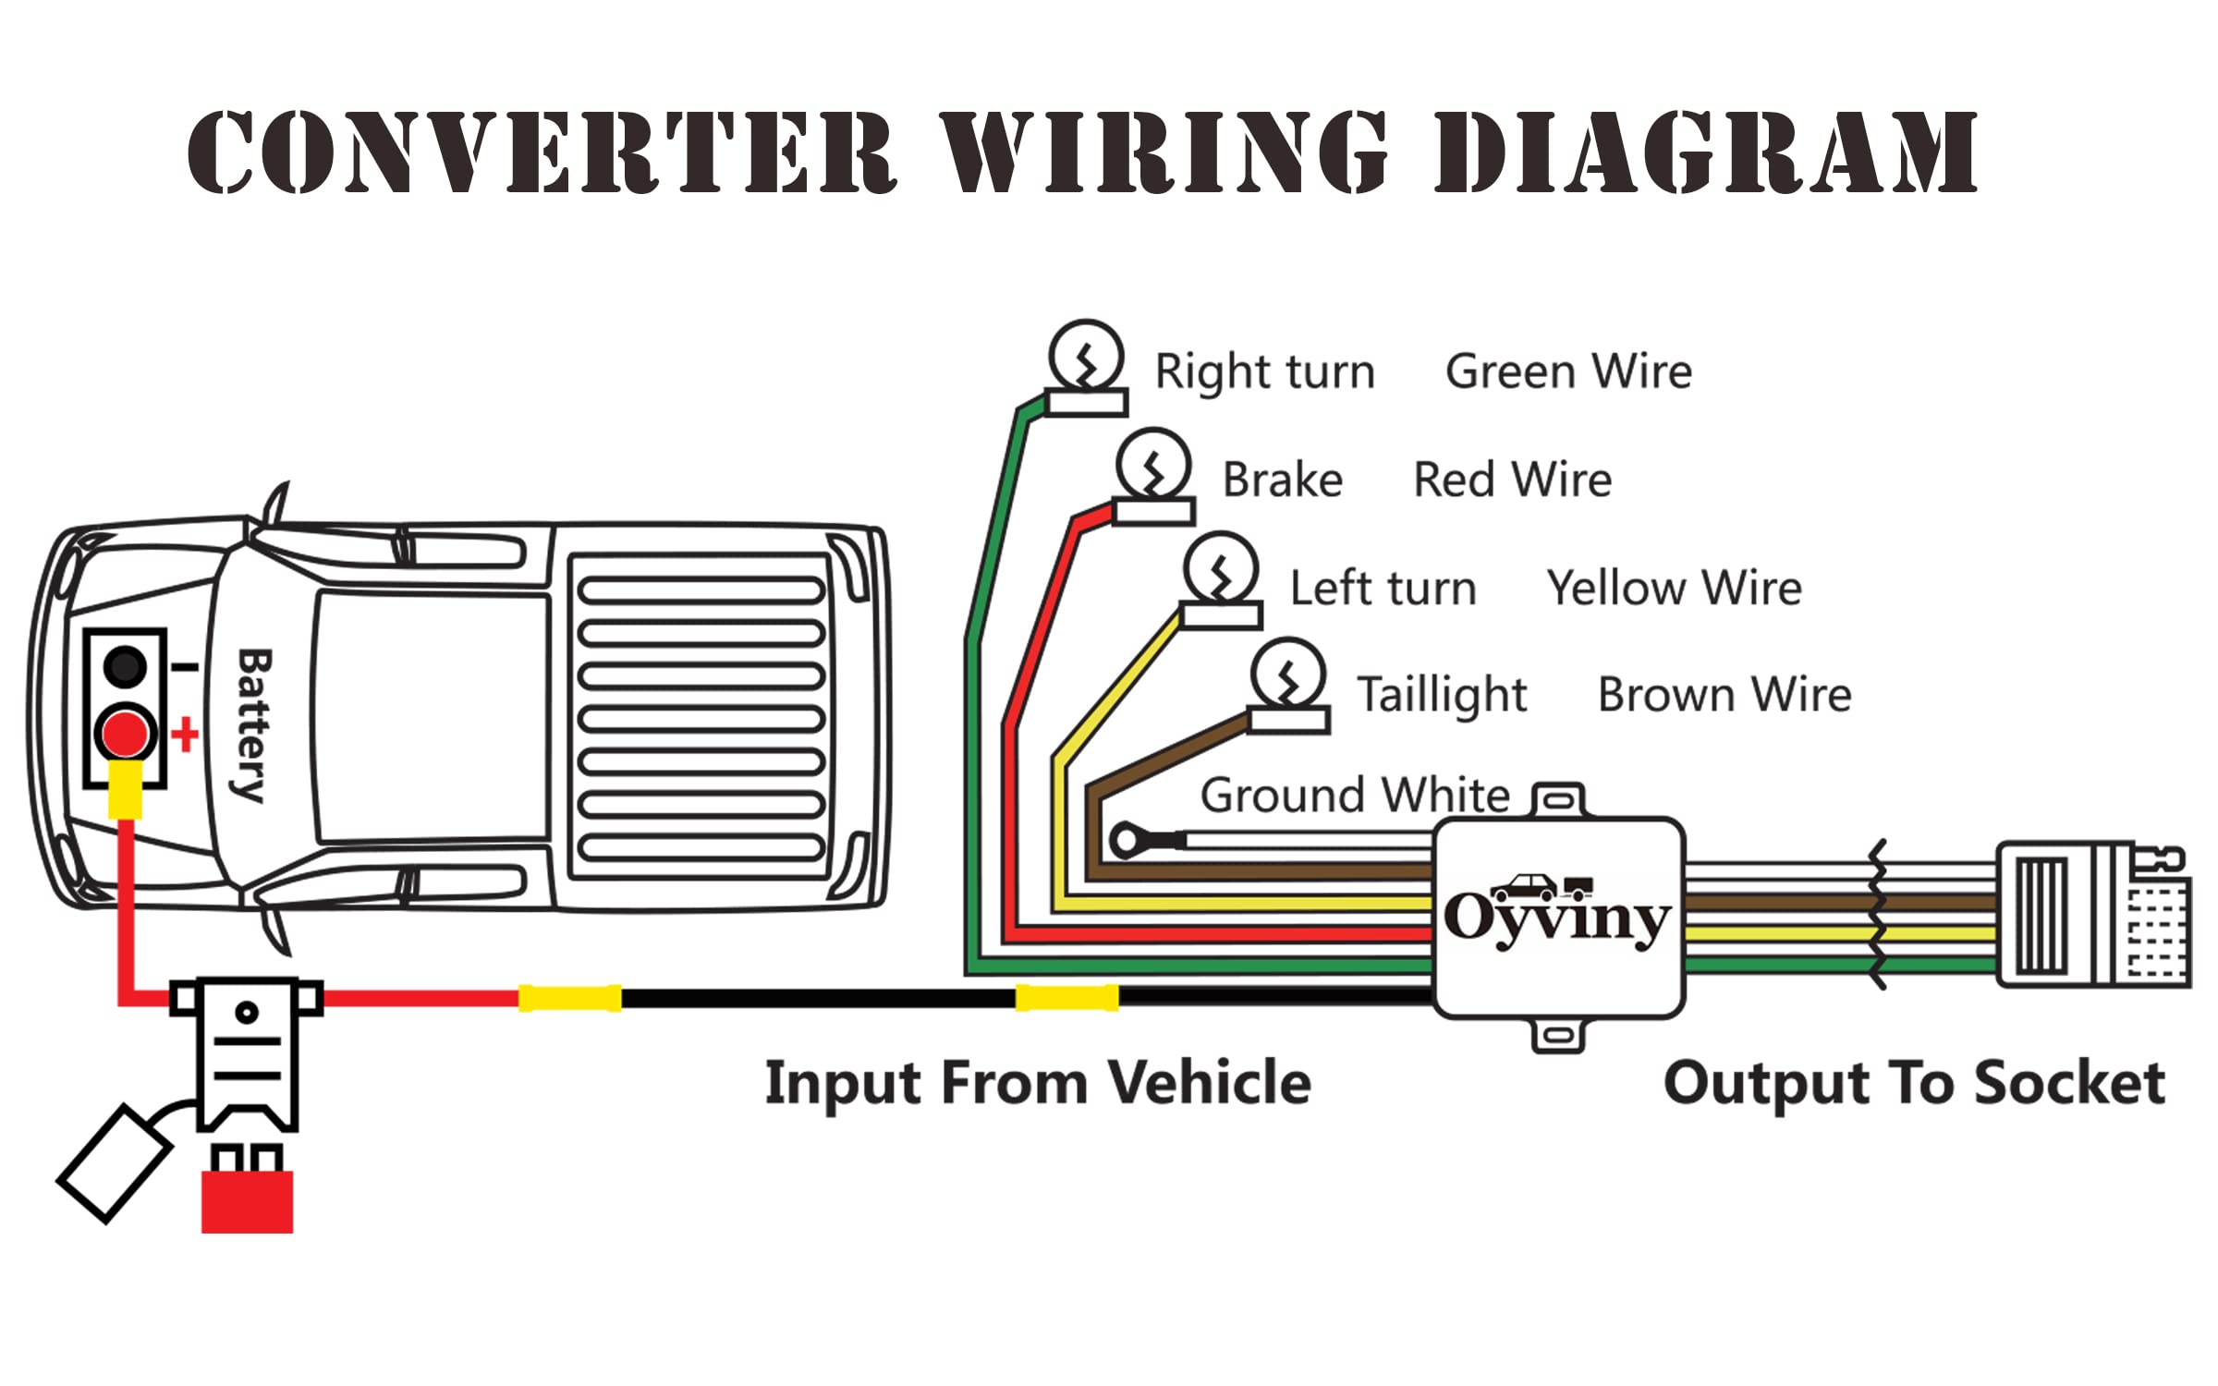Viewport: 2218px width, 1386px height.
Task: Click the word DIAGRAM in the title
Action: (1705, 152)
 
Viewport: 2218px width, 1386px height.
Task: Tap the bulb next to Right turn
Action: (1086, 358)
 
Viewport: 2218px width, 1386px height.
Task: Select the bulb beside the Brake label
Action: (1153, 465)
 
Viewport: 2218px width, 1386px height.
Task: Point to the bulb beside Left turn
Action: (1221, 569)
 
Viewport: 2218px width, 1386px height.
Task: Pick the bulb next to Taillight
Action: (1288, 675)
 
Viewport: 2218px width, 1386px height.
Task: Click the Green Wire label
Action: (1568, 371)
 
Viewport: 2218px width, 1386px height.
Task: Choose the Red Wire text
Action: (1512, 480)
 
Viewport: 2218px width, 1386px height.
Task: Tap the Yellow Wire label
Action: (1674, 588)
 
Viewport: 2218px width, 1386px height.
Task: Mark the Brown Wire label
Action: (1724, 695)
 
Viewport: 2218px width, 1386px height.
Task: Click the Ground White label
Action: (1354, 795)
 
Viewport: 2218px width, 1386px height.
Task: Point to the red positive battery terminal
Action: (125, 735)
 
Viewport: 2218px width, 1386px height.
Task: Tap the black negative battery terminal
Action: (125, 666)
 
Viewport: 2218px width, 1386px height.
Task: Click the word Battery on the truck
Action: (252, 725)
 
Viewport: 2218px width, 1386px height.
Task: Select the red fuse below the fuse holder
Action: (247, 1200)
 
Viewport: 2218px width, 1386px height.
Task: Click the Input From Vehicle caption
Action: (1037, 1083)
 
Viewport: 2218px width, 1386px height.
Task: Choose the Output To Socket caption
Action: (1913, 1083)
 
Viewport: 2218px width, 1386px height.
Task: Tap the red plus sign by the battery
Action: (185, 735)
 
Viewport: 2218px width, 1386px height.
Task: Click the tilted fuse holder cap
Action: (115, 1163)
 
